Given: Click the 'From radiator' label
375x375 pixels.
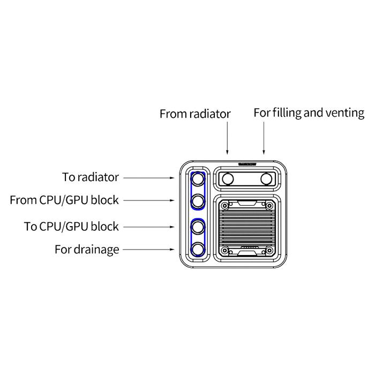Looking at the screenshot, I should [x=195, y=114].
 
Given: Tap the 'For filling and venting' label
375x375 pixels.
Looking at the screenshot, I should [x=309, y=113].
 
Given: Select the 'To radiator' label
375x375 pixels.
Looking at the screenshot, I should [x=91, y=177].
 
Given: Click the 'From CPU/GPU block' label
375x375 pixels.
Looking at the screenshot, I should [x=64, y=200].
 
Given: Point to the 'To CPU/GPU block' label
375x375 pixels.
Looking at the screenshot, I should [x=71, y=226].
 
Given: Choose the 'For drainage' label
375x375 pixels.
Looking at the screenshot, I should [x=87, y=250].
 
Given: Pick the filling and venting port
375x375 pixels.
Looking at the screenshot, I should [x=266, y=178].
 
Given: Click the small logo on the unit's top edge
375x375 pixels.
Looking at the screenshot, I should [x=247, y=165].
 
